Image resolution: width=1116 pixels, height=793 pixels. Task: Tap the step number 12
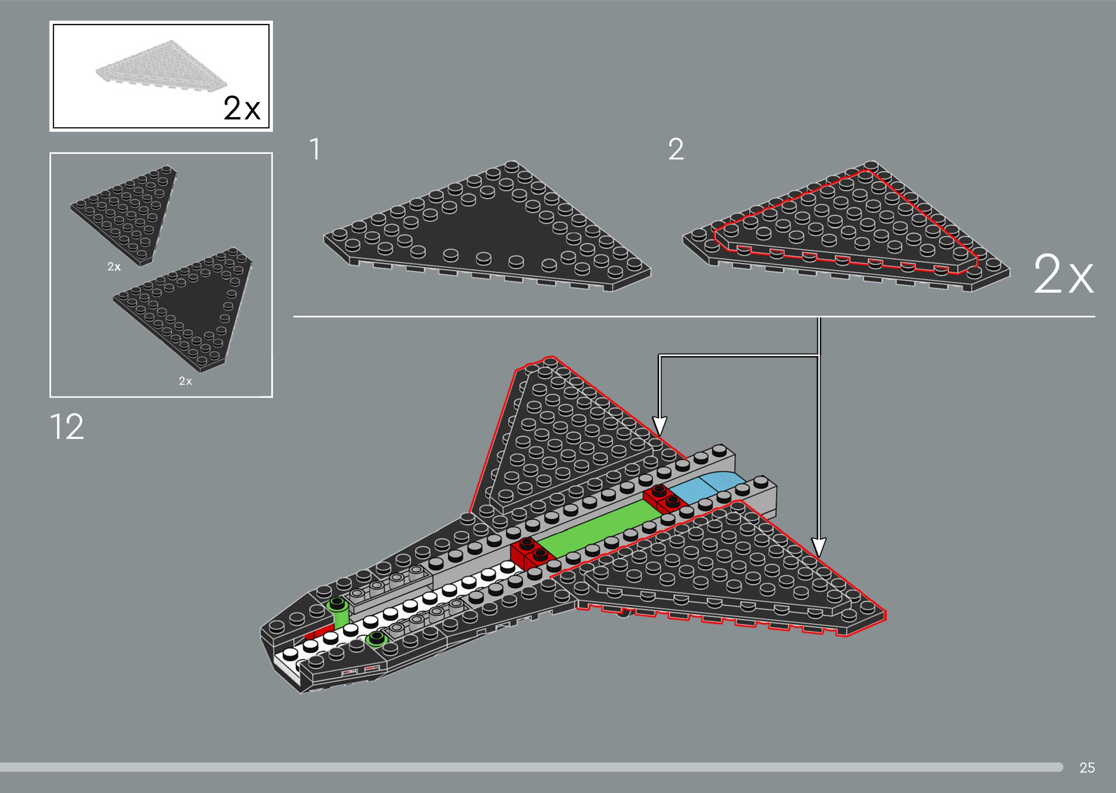click(67, 427)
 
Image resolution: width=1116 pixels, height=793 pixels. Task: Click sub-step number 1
click(315, 149)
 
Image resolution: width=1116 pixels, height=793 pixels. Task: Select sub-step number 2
click(675, 149)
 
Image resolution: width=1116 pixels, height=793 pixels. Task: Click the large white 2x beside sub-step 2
click(1063, 275)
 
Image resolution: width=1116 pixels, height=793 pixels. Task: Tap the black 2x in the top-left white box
click(242, 108)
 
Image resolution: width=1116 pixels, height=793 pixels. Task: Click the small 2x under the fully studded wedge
click(114, 267)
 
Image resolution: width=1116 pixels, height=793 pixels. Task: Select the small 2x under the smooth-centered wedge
click(185, 381)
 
